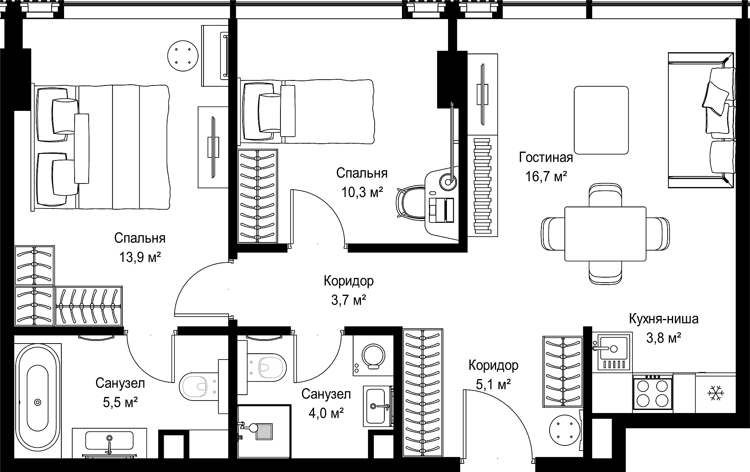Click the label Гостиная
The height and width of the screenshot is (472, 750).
point(546,157)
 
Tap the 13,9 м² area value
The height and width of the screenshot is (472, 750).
point(140,257)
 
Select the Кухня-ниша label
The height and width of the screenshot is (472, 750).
point(664,319)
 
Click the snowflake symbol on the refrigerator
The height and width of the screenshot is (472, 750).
point(716,393)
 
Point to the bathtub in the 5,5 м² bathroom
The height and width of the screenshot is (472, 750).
point(38,401)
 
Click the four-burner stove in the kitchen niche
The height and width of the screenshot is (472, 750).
point(652,392)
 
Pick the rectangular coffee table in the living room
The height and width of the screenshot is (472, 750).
point(601,120)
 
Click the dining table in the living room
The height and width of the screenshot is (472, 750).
point(605,234)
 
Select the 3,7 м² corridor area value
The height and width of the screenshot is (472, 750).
point(348,300)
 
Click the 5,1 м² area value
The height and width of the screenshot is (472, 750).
point(493,385)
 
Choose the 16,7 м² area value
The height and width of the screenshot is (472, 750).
point(546,177)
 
